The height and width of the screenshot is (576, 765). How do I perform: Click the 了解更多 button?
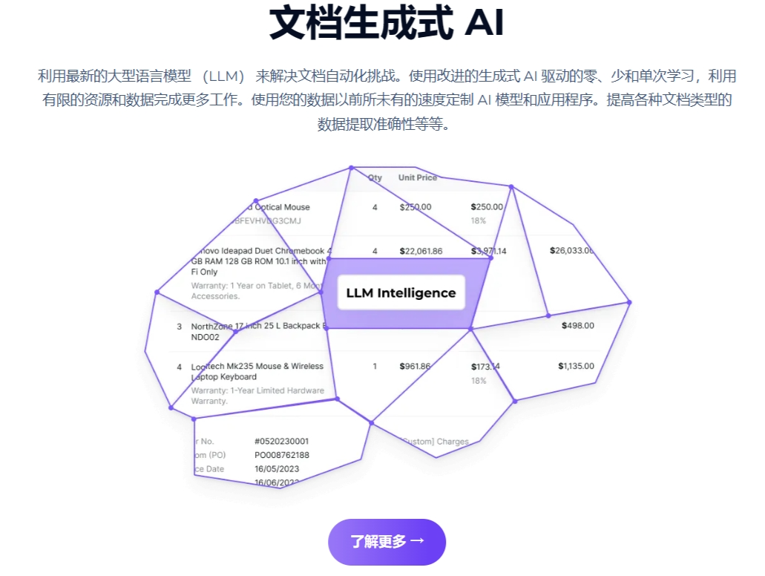(387, 542)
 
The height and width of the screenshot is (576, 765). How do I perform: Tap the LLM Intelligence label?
(401, 292)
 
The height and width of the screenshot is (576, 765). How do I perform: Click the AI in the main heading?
(484, 24)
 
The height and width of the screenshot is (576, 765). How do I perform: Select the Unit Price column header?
(418, 178)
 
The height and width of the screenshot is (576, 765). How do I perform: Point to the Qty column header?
(375, 178)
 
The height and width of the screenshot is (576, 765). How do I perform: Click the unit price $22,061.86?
(421, 251)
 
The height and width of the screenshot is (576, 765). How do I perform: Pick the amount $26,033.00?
(571, 250)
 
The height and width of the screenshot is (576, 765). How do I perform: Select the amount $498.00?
(577, 325)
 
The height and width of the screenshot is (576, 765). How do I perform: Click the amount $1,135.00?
(576, 366)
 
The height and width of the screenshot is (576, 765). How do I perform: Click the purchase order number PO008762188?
(281, 455)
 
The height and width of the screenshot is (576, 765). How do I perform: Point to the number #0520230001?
(281, 441)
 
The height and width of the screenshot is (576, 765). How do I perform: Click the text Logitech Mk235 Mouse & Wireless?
(257, 366)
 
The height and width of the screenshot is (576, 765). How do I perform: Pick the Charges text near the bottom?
(453, 442)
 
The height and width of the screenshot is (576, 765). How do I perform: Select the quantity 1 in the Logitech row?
(375, 366)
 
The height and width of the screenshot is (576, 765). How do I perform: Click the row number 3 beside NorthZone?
(179, 326)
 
